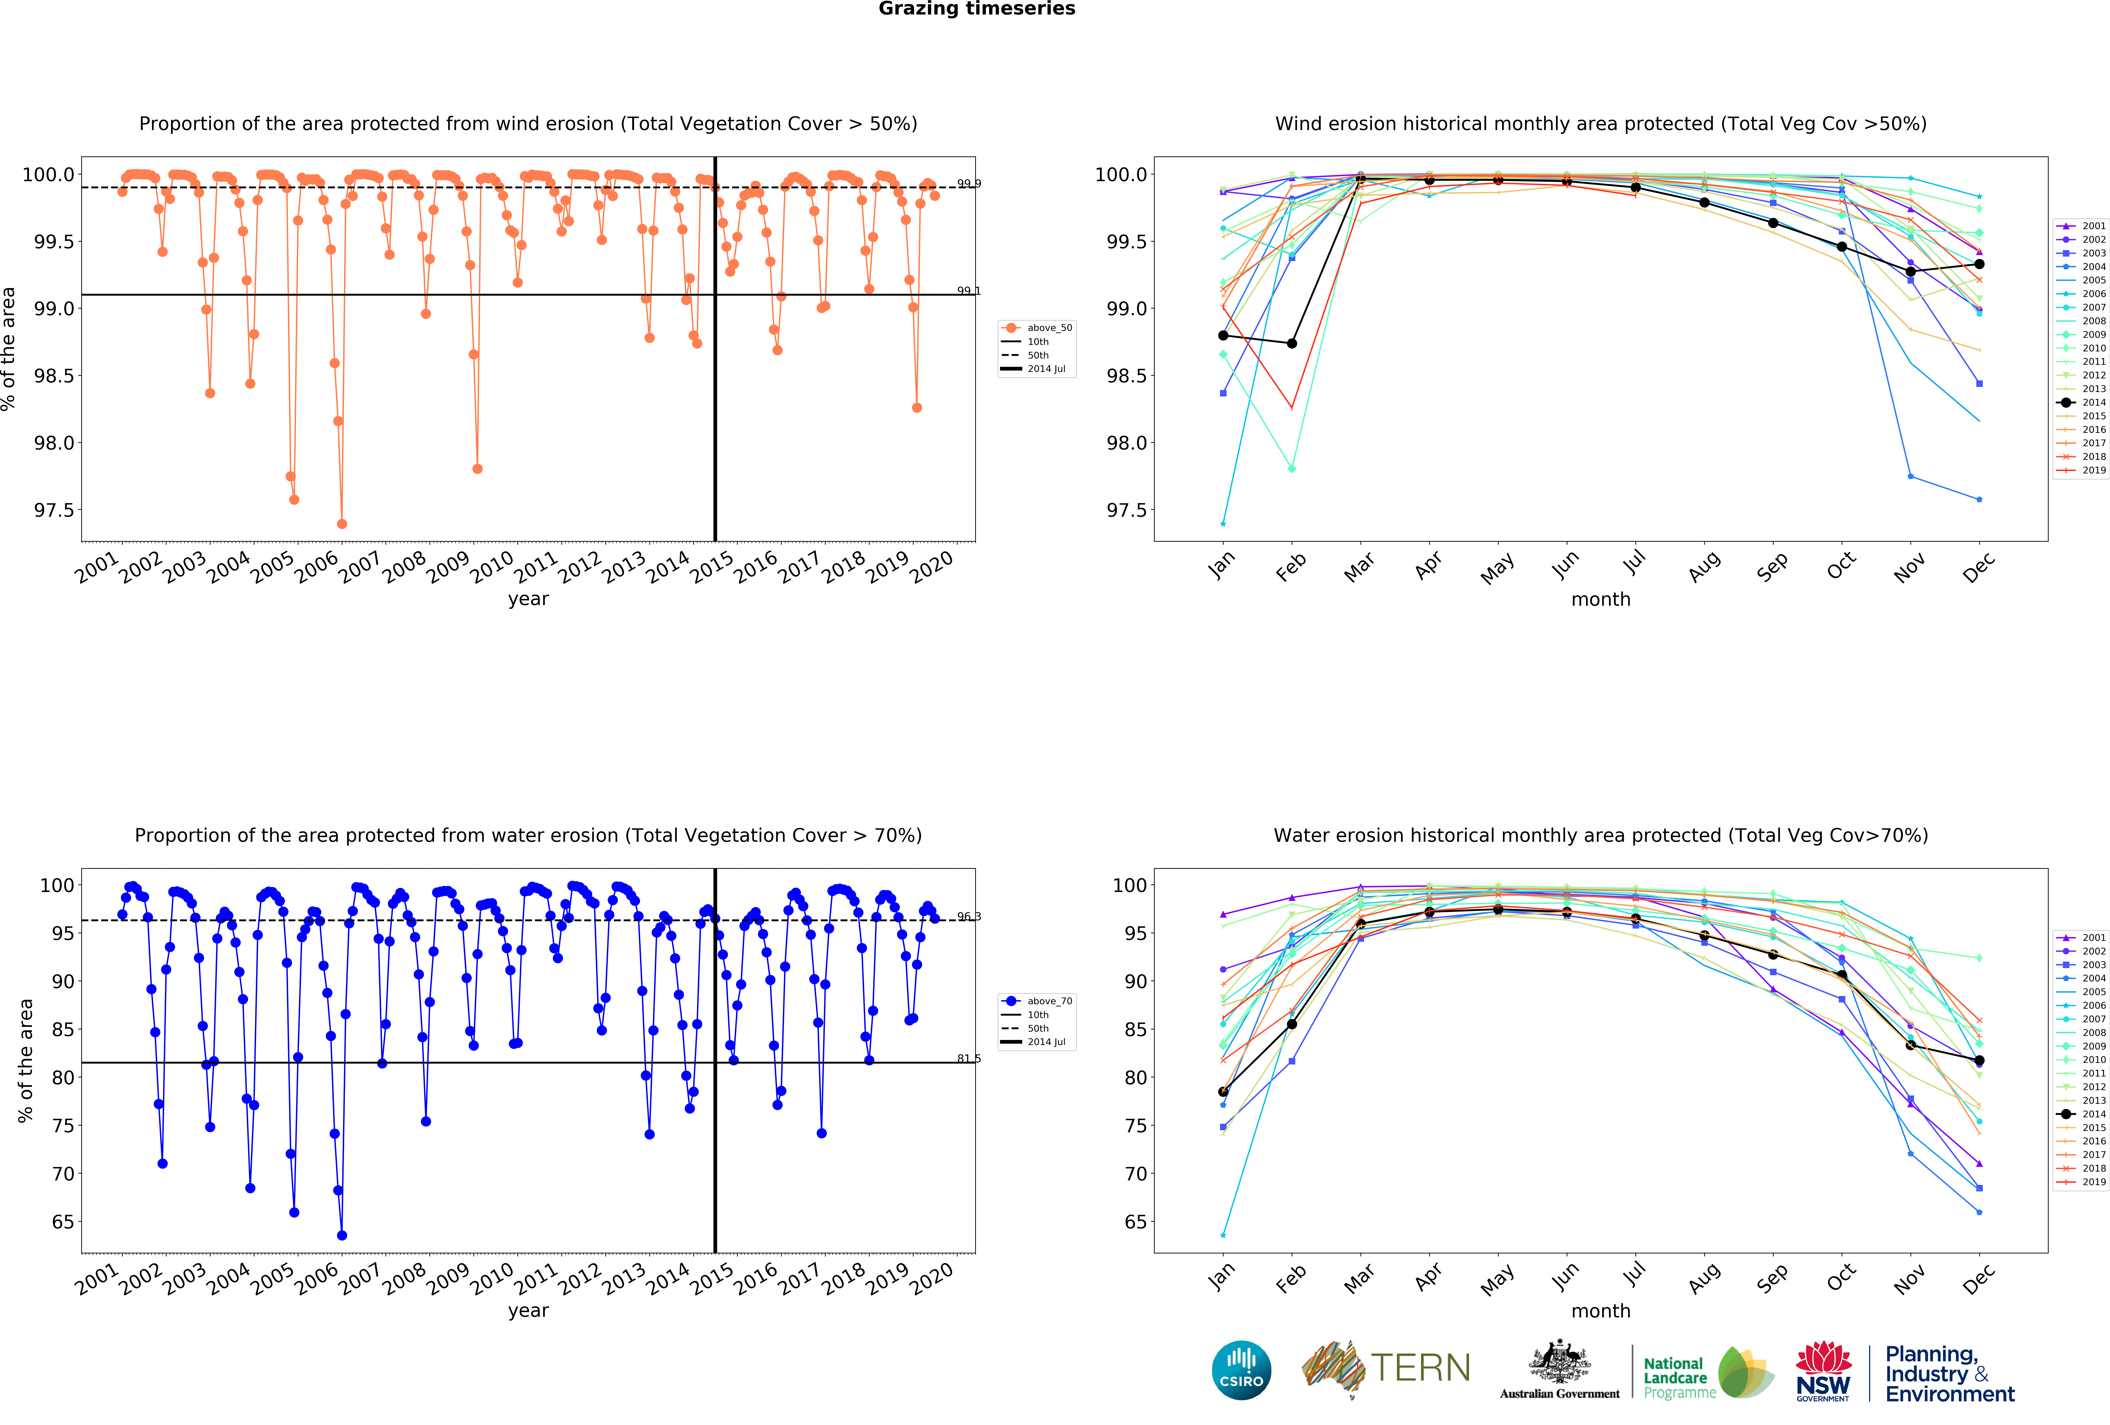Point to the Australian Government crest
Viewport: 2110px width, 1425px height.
click(x=1559, y=1361)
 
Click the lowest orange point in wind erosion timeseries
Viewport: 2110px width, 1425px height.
click(x=341, y=524)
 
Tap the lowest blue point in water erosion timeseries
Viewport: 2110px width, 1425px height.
click(x=341, y=1235)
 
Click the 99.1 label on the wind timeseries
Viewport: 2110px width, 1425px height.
click(x=968, y=290)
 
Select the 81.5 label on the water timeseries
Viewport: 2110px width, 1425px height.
click(x=968, y=1058)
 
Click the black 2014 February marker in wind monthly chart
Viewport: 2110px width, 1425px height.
click(x=1291, y=343)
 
